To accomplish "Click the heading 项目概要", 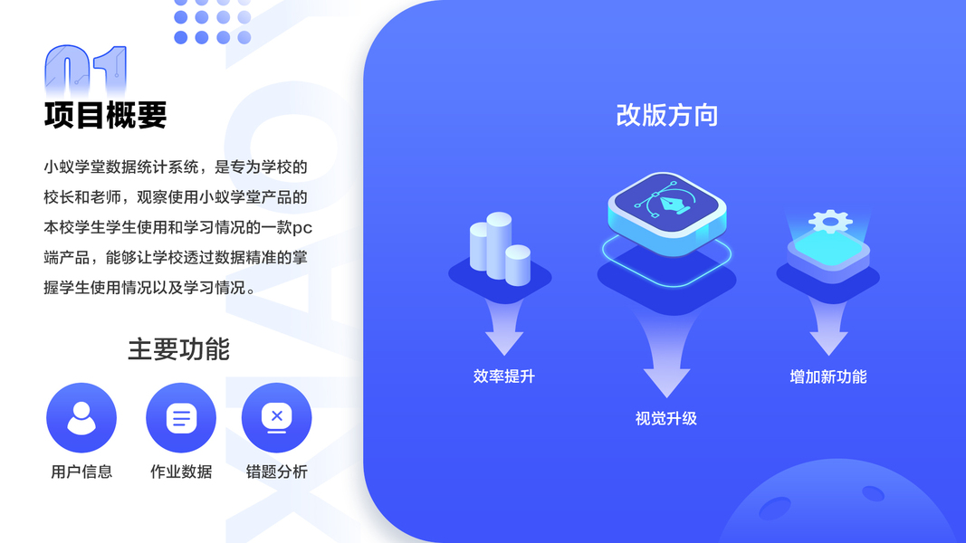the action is (106, 116).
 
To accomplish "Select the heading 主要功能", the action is (178, 349).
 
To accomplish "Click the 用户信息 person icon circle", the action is (81, 417).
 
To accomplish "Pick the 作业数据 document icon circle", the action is (181, 417).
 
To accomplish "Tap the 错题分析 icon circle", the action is (277, 417).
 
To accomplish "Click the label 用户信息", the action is (81, 472).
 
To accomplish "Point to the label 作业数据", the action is (181, 472).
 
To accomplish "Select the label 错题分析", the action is (277, 472).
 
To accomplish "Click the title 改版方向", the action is (667, 116).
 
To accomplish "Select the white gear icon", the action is (827, 222).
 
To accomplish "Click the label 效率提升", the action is (504, 376).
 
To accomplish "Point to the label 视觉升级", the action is (666, 419).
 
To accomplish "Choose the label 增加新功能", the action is (828, 376).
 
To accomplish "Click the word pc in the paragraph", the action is (302, 227).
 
